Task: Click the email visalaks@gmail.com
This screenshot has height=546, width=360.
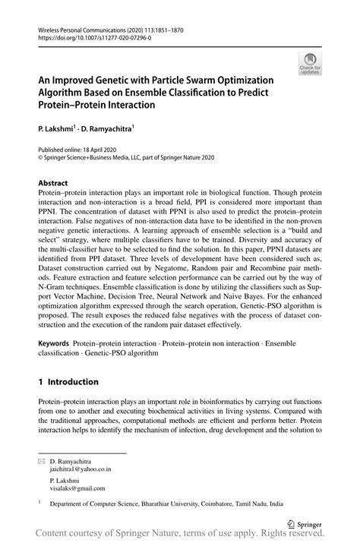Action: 77,488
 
